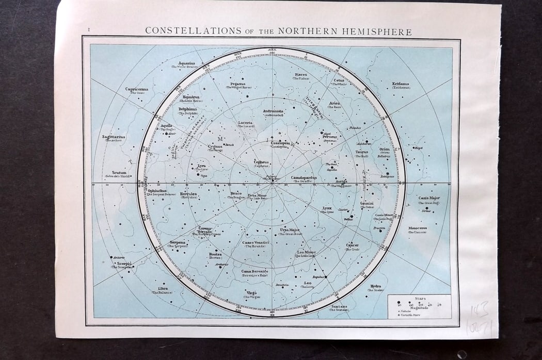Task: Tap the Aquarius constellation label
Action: (x=187, y=63)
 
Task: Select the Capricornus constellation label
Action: (x=137, y=89)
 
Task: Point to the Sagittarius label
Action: (x=114, y=137)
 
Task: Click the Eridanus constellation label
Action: (x=401, y=84)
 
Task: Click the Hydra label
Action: (x=375, y=286)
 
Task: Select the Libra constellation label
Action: (x=163, y=288)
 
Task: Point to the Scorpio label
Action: (x=124, y=263)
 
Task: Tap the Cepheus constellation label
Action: (x=262, y=161)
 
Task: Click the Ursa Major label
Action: (x=290, y=230)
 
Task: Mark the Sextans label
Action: (x=339, y=306)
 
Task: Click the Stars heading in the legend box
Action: (x=419, y=298)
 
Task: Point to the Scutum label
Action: (x=119, y=172)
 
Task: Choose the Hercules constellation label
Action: (x=189, y=194)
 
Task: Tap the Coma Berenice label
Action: (x=254, y=271)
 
